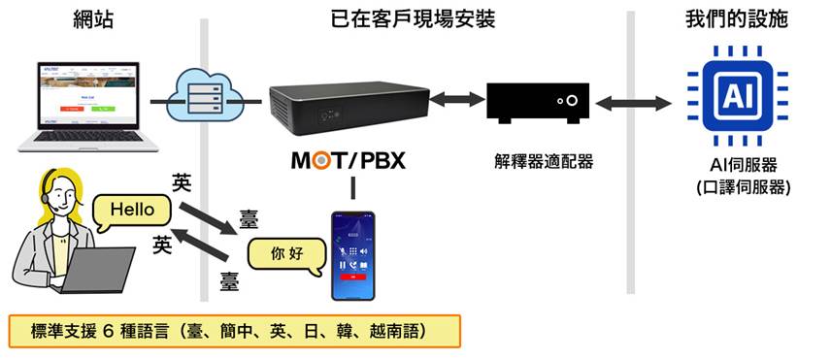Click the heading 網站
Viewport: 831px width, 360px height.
click(x=93, y=19)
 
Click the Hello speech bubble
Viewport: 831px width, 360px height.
click(x=133, y=208)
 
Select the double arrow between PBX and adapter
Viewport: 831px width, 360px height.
click(x=456, y=99)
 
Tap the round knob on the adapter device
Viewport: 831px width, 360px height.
click(x=575, y=100)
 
